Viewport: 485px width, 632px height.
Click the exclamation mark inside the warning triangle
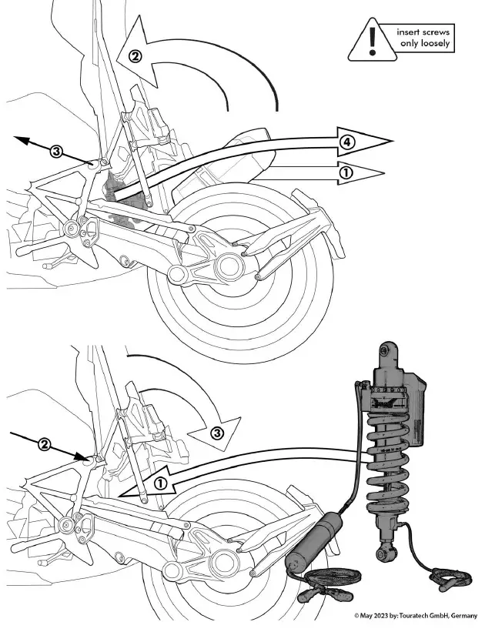point(373,39)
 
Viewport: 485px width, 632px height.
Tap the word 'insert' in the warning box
point(411,33)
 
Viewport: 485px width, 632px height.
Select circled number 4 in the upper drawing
point(347,142)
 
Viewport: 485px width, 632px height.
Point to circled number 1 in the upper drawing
point(346,173)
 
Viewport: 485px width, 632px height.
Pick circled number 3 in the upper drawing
point(55,151)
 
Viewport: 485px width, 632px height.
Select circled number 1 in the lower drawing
point(160,483)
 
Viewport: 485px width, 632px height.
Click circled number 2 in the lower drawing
point(45,444)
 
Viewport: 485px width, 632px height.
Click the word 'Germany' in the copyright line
point(463,616)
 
